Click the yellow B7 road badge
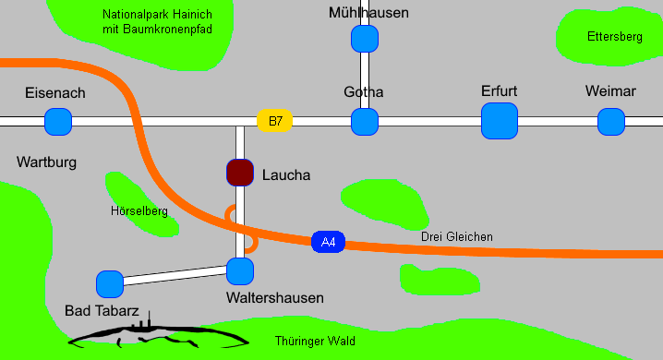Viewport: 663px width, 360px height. tap(275, 121)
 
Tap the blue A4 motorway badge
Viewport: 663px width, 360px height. tap(328, 243)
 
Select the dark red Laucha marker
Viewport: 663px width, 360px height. tap(240, 173)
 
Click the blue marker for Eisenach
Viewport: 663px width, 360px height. tap(58, 121)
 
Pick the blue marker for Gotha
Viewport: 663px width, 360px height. tap(365, 121)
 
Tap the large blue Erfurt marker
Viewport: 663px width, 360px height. tap(500, 121)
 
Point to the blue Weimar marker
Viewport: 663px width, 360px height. tap(611, 121)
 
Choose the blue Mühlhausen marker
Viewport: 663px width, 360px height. tap(365, 39)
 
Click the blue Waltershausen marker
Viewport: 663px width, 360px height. tap(240, 270)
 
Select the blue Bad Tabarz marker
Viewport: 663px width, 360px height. tap(110, 283)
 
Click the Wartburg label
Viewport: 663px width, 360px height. tap(46, 162)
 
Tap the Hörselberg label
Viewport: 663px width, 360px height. tap(139, 211)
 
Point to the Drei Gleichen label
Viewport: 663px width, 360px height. tap(456, 237)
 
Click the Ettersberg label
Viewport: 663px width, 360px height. tap(614, 37)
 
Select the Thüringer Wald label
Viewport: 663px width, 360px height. tap(315, 342)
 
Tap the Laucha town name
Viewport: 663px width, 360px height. tap(286, 174)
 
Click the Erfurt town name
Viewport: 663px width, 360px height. tap(499, 91)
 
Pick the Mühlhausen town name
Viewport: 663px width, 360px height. tap(368, 13)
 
